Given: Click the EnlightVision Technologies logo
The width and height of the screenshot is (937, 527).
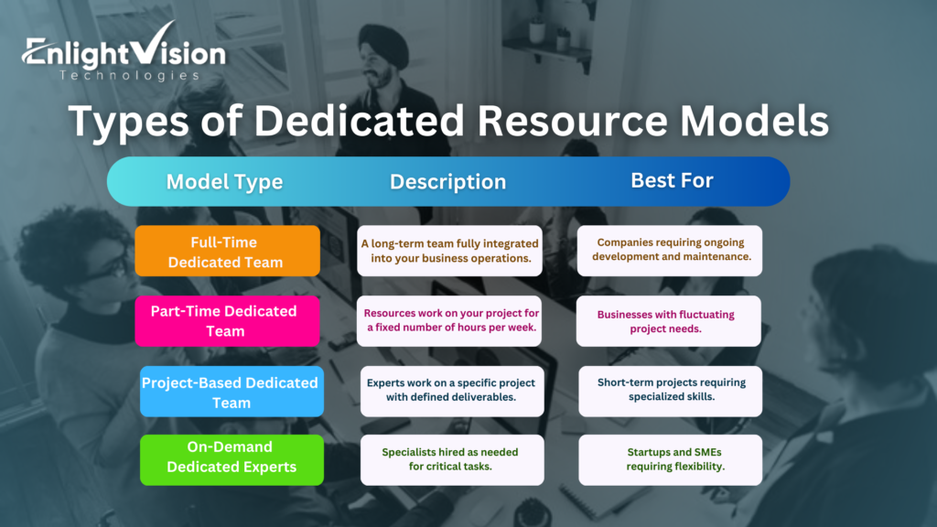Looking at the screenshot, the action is click(x=124, y=52).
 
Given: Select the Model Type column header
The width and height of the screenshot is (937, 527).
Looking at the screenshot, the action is click(x=224, y=182).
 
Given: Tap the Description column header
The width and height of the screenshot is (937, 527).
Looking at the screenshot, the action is click(x=447, y=182).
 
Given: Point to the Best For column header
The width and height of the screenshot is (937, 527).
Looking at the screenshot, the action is click(x=672, y=180).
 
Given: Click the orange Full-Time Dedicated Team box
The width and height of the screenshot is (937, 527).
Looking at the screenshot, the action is click(x=227, y=251).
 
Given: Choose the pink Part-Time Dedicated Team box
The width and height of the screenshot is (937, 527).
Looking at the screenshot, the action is click(x=227, y=321).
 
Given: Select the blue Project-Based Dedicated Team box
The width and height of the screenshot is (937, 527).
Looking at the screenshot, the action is click(x=232, y=392).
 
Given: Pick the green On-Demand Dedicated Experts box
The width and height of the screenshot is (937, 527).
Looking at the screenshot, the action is click(x=232, y=459).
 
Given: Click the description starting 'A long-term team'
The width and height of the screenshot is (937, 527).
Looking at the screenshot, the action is click(x=449, y=251).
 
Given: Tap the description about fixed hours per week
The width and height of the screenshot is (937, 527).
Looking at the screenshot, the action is click(x=449, y=321).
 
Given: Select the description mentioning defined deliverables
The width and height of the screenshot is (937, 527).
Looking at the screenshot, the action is click(x=452, y=392).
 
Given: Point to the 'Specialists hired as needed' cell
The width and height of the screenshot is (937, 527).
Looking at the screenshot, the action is click(x=452, y=459).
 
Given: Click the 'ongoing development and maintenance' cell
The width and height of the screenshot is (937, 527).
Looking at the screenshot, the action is click(x=670, y=251).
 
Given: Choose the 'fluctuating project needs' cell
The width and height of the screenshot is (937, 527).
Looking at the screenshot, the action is click(x=669, y=321).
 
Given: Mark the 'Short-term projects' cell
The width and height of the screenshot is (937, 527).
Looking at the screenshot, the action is click(x=671, y=392).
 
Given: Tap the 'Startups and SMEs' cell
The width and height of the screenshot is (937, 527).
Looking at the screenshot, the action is click(x=671, y=459).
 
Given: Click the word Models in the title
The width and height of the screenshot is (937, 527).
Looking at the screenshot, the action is click(x=754, y=120).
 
